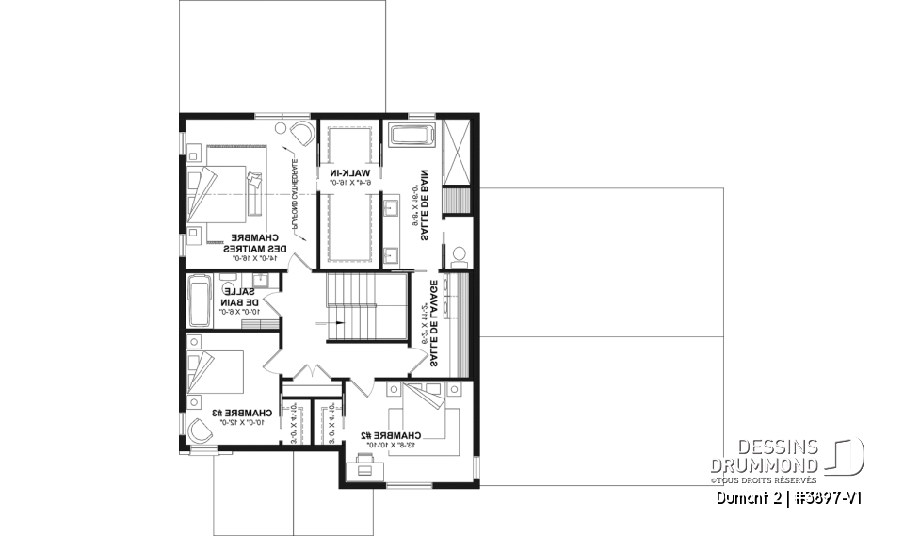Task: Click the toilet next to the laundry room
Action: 459,256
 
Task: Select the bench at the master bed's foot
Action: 251,190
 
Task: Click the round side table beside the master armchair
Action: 281,126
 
